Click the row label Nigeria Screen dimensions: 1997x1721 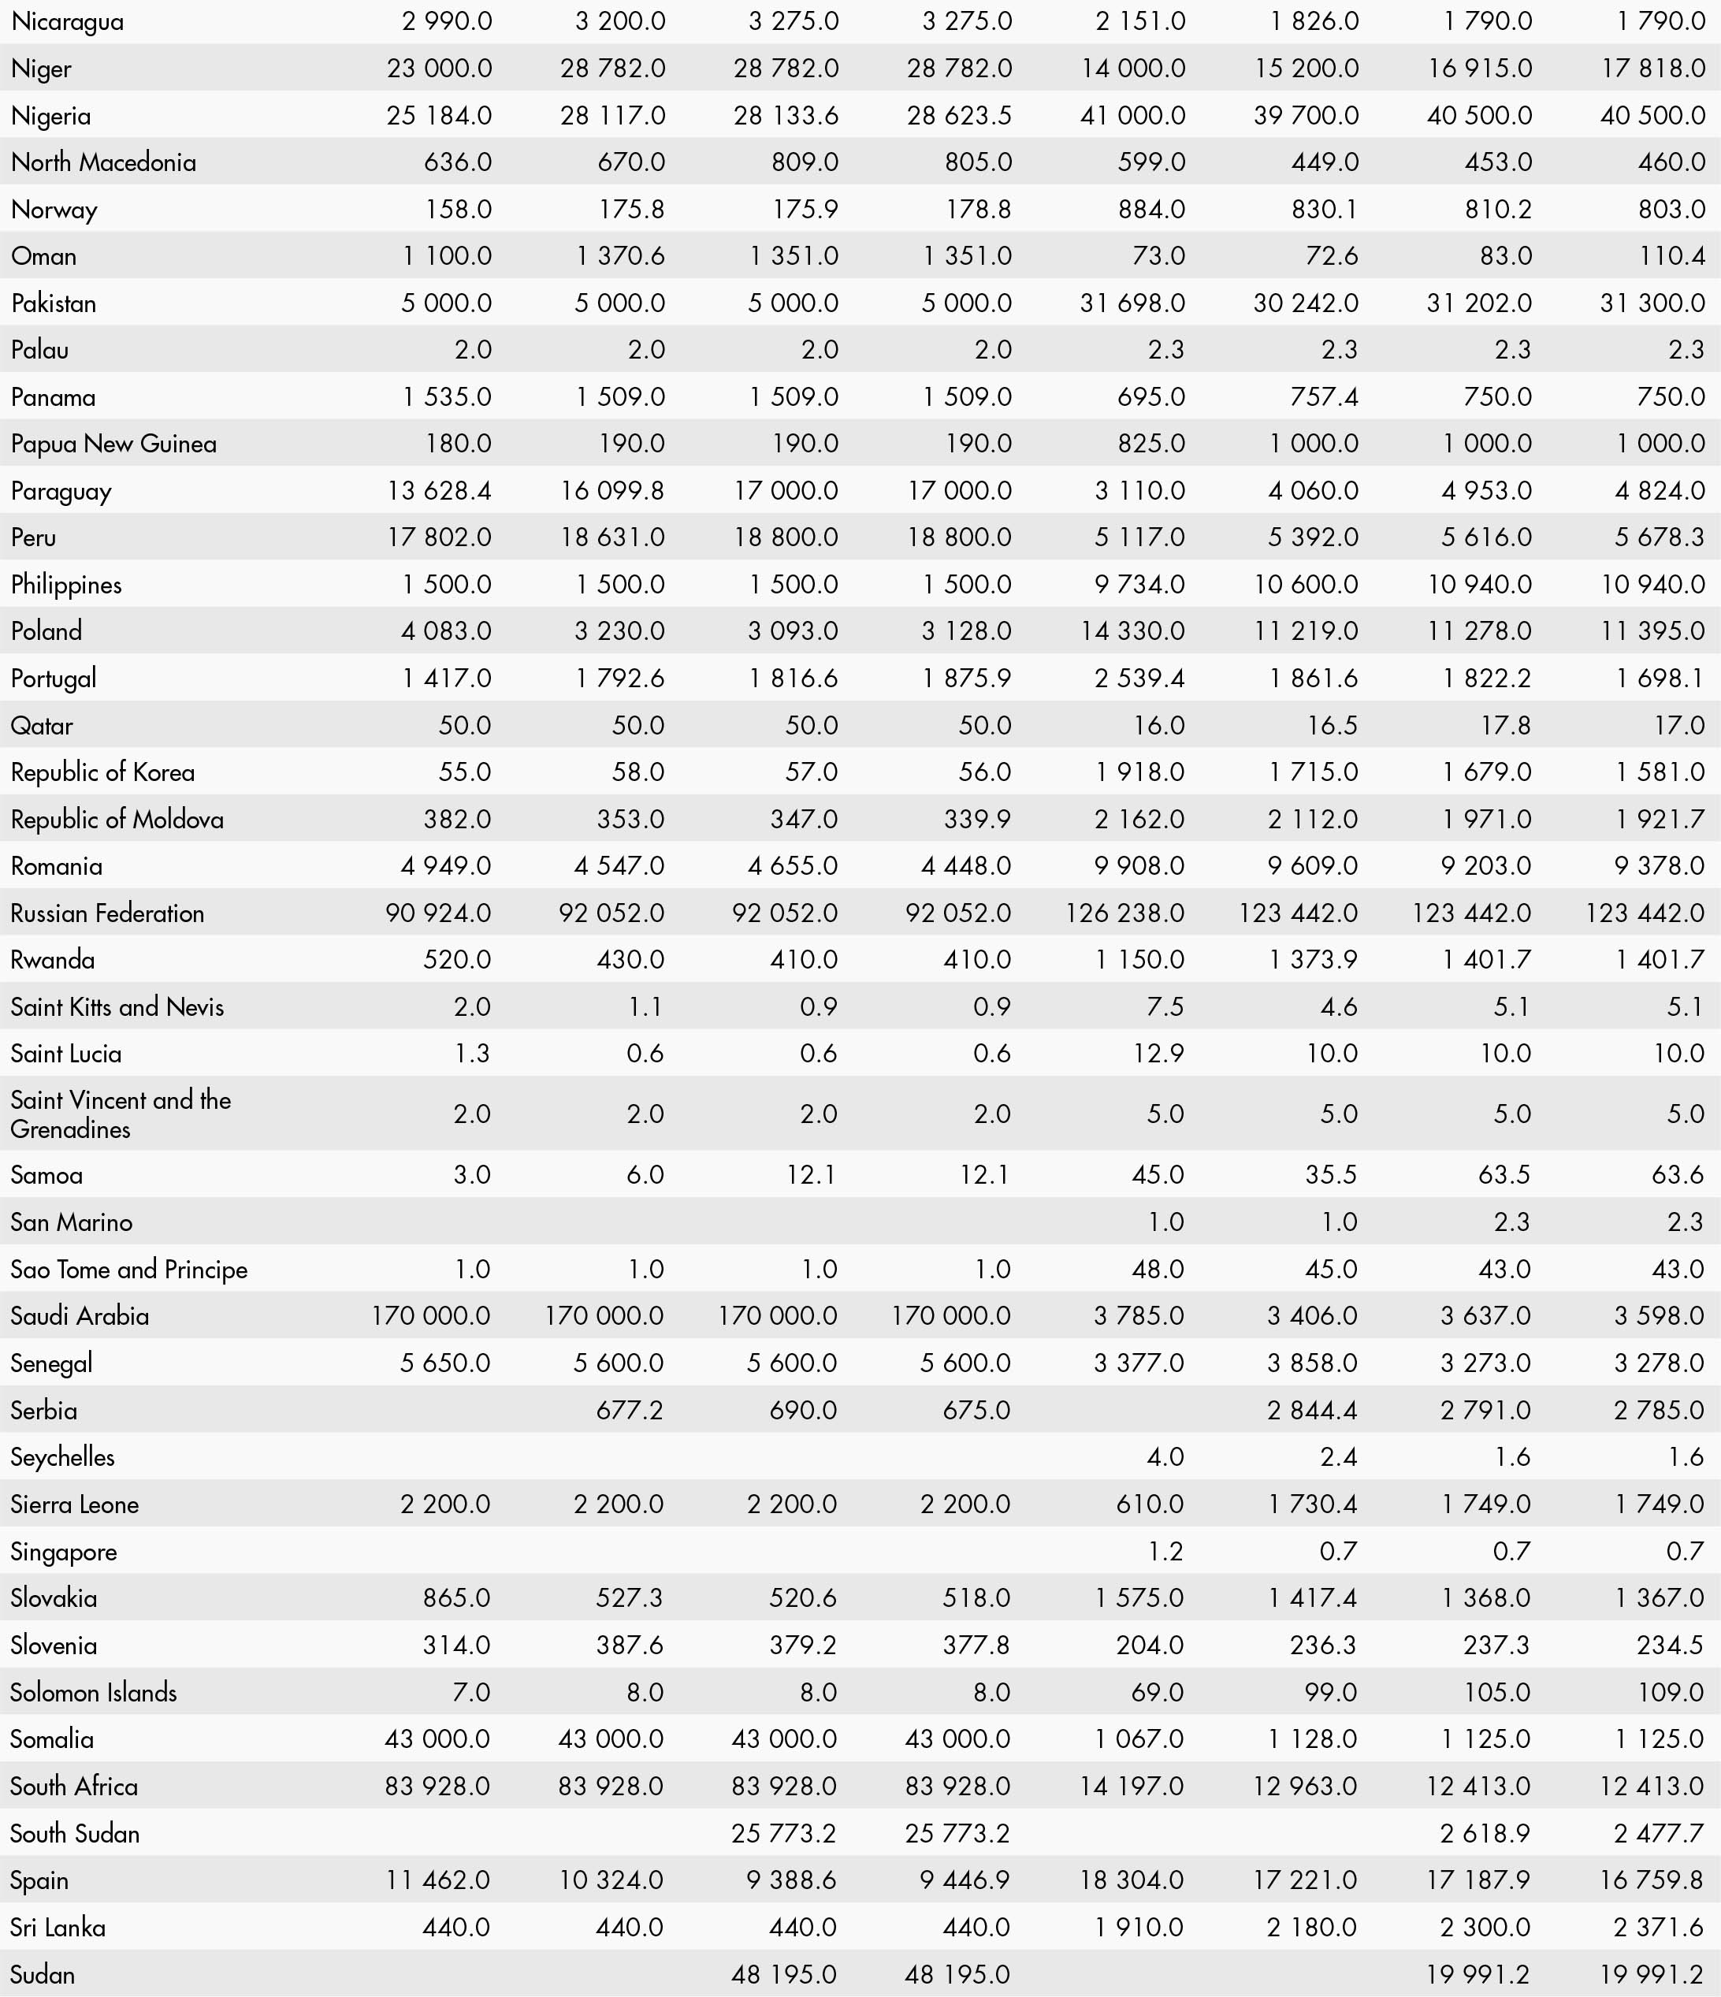click(51, 116)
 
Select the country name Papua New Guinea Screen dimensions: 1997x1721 click(113, 444)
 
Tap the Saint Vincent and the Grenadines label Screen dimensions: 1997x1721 click(121, 1114)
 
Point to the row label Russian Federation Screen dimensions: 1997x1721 click(107, 913)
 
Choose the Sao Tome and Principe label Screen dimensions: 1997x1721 click(129, 1270)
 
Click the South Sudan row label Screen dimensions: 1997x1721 click(75, 1833)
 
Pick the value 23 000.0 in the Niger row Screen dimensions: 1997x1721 click(440, 69)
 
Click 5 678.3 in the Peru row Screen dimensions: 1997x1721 click(1660, 537)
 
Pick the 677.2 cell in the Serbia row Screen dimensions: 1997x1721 click(630, 1410)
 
